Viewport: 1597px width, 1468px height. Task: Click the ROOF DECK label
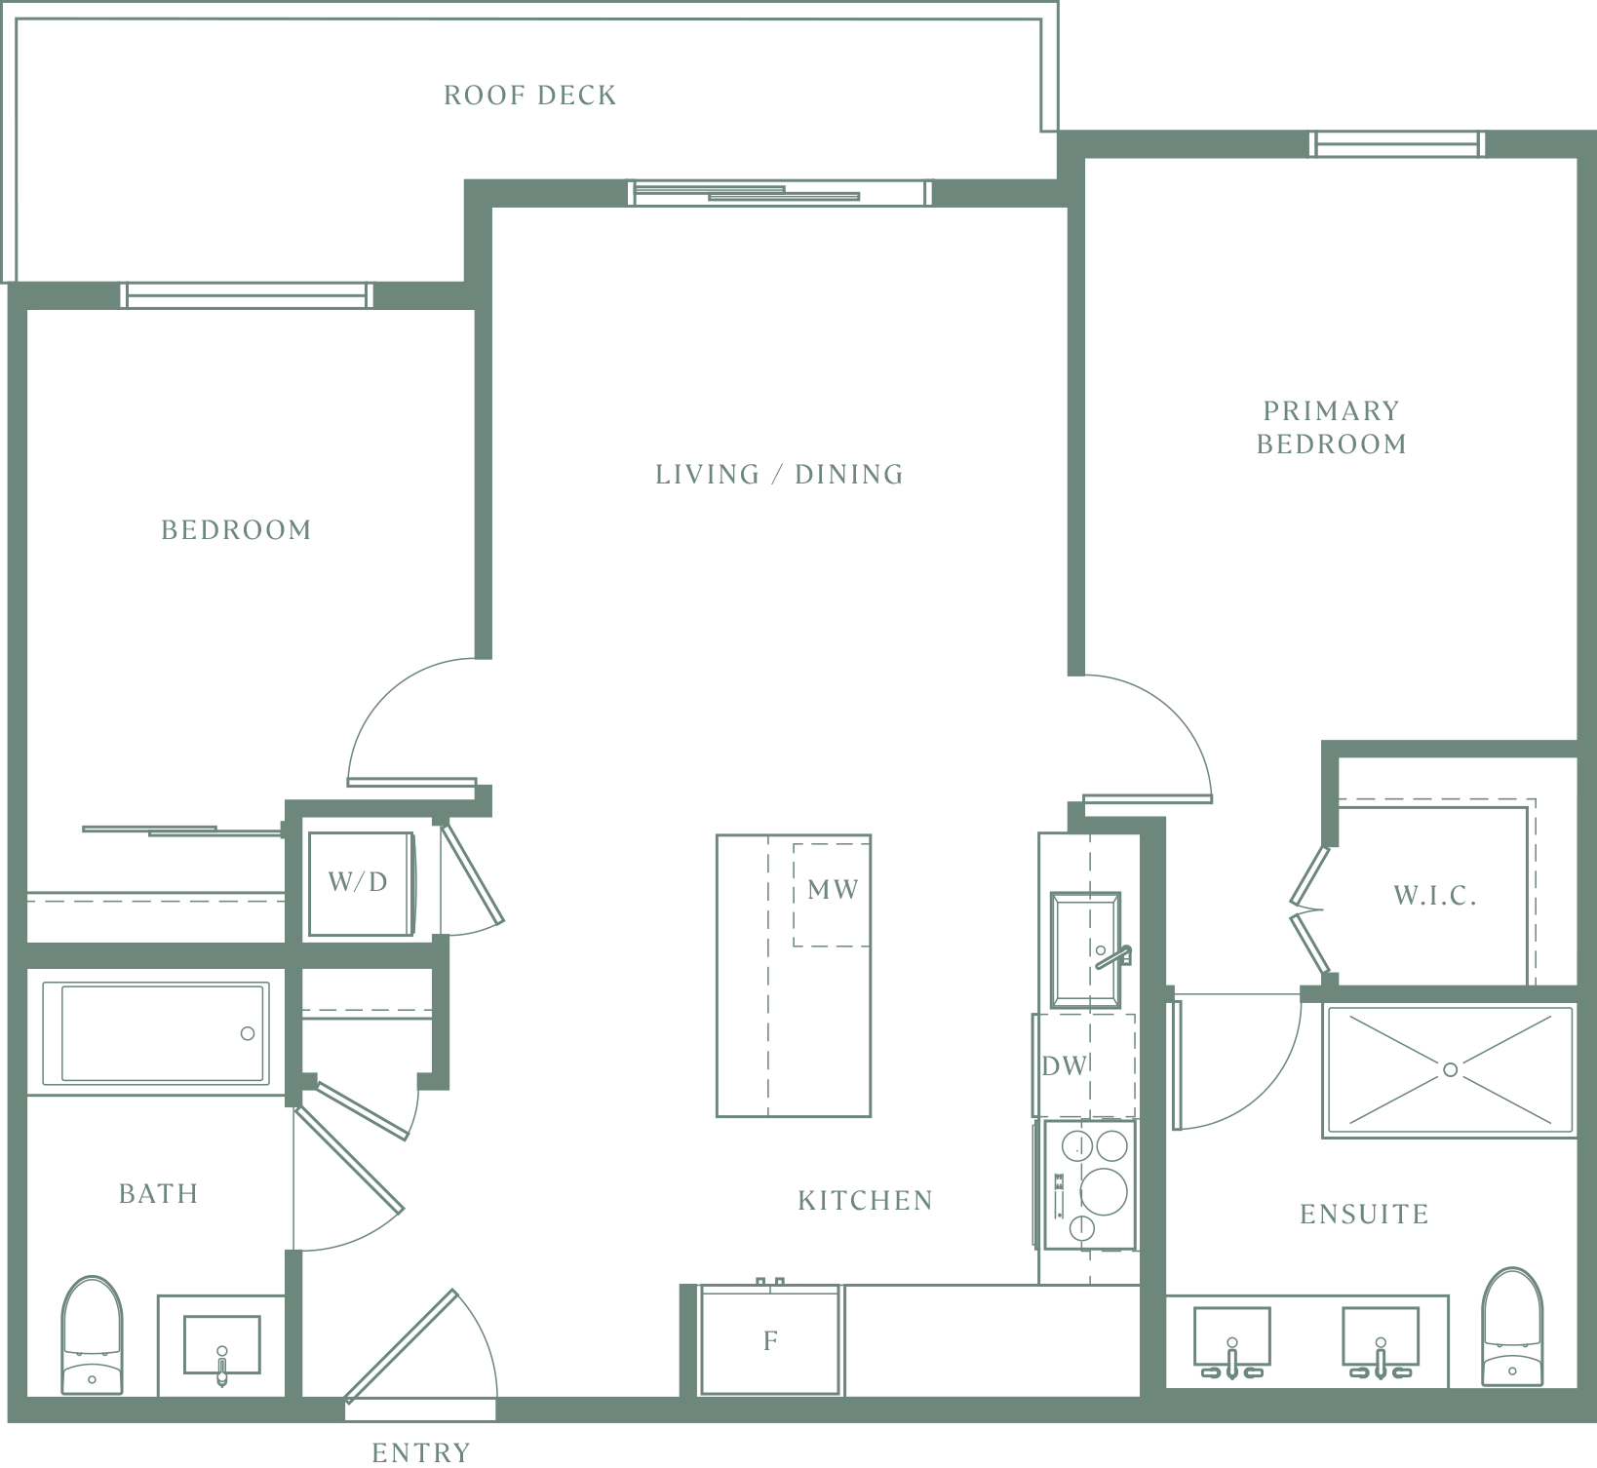click(x=529, y=96)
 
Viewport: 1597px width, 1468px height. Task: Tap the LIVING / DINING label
click(x=779, y=475)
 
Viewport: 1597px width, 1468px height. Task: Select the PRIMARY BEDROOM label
click(x=1331, y=427)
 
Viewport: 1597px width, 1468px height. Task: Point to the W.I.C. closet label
click(x=1435, y=896)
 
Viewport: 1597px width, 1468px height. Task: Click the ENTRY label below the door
click(x=421, y=1452)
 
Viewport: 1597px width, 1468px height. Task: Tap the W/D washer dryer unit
click(x=361, y=883)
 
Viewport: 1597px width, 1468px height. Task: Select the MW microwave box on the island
click(x=832, y=894)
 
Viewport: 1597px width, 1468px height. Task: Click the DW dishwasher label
click(x=1064, y=1065)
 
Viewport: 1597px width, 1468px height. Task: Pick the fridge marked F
click(x=770, y=1340)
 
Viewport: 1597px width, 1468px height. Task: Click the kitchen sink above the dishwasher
click(x=1085, y=950)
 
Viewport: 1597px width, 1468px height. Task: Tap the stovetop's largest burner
click(x=1103, y=1190)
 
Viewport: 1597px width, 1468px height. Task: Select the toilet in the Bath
click(x=92, y=1334)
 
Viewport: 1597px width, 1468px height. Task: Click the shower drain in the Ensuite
click(x=1450, y=1070)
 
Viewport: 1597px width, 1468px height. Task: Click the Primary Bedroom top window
click(x=1397, y=144)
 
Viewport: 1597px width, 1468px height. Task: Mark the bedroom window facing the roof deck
click(x=246, y=295)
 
